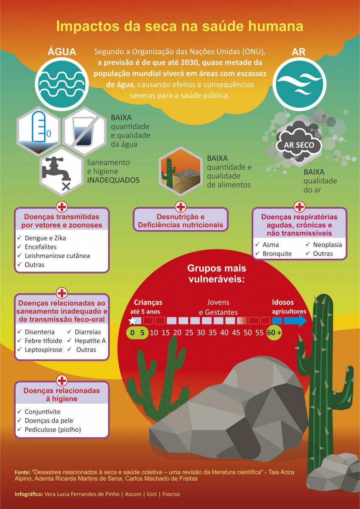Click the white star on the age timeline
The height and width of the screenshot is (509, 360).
tap(132, 321)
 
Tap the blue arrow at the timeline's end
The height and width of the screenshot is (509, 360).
tap(296, 321)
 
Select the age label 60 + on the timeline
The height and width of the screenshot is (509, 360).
tap(274, 333)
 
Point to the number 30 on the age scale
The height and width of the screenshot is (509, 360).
tap(201, 333)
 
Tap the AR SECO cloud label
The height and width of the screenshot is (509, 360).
tap(299, 145)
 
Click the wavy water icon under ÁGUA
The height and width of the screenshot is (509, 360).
tap(61, 84)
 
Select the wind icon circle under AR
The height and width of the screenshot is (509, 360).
tap(299, 84)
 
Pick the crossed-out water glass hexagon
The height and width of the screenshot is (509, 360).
tap(84, 131)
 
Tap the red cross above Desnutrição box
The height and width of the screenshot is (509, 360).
tap(181, 207)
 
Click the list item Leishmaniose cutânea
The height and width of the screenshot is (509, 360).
tap(57, 256)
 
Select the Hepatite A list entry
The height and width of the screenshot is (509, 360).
tap(90, 341)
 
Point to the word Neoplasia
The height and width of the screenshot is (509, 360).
tap(327, 244)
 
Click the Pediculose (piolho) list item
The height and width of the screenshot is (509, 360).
tap(53, 429)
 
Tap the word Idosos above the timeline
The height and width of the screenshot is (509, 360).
tap(283, 302)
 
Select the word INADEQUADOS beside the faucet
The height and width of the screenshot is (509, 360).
tap(113, 180)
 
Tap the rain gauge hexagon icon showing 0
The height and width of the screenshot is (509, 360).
tap(39, 131)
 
